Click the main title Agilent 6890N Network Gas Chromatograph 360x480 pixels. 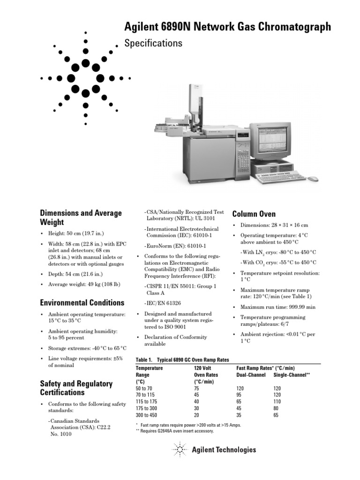(227, 27)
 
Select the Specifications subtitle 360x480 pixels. (152, 43)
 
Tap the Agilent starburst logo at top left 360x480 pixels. (85, 78)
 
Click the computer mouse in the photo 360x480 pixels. (313, 179)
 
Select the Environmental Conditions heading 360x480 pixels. (82, 302)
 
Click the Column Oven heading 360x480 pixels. (254, 214)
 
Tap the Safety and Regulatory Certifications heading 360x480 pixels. (76, 388)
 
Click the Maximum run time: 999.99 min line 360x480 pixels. (277, 307)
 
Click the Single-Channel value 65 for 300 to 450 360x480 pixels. (276, 415)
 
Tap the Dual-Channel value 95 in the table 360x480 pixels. (240, 395)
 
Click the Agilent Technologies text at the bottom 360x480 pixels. (224, 450)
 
